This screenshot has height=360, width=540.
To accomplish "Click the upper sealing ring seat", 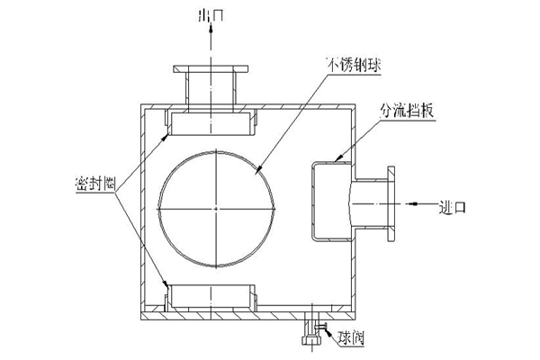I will tap(213, 122).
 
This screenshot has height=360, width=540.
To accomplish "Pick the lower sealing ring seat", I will tap(213, 295).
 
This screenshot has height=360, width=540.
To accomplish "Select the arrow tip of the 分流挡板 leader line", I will tap(336, 161).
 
